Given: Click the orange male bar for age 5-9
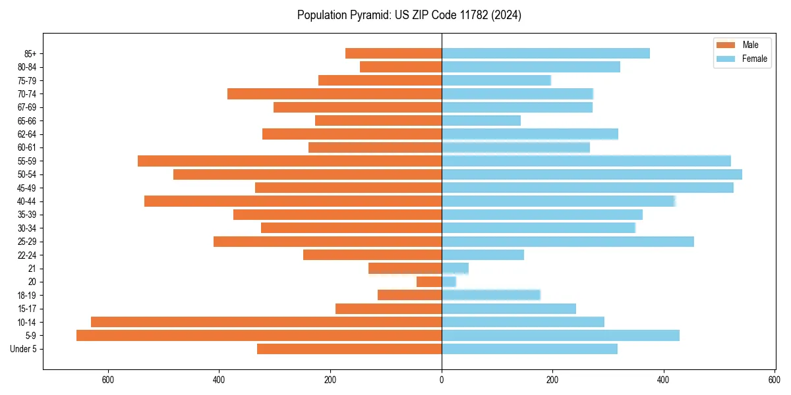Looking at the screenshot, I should coord(259,336).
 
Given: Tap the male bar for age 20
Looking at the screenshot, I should coord(429,282).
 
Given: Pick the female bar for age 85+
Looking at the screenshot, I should coord(546,53).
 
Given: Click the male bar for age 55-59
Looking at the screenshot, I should coord(289,161).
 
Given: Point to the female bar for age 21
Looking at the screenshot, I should coord(455,269).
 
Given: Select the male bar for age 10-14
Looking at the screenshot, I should coord(266,322).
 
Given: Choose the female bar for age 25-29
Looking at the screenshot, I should coord(568,242).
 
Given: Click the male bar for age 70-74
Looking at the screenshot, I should coord(334,94).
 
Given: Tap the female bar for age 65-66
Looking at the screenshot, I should coord(481,120).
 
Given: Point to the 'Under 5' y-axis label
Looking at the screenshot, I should coord(23,349).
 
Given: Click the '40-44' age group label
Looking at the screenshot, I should coord(27,201).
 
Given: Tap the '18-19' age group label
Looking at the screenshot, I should coord(27,296).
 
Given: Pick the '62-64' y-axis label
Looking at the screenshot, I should coord(27,134).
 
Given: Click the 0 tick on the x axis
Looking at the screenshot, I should coord(442,379).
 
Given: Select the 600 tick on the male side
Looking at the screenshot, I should coord(108,379).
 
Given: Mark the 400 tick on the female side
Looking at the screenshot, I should coord(664,379).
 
